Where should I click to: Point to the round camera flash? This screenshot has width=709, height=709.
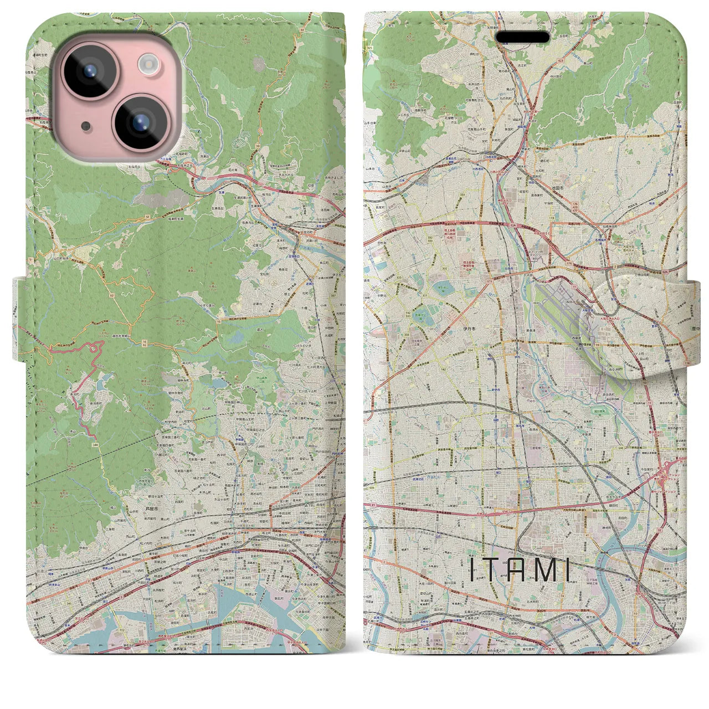(148, 64)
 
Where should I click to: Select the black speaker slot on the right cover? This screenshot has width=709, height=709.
(522, 37)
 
